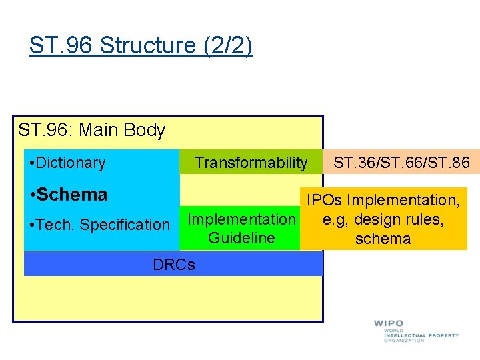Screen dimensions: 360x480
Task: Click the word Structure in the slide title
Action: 147,45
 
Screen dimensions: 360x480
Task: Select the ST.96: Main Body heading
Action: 92,130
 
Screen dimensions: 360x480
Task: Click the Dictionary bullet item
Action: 68,163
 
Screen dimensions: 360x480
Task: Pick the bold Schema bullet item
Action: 69,195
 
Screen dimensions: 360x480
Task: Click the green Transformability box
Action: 251,163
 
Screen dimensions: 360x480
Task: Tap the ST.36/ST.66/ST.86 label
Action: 401,162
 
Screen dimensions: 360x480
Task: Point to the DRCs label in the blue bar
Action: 174,265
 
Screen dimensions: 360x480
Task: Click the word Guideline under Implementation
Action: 241,238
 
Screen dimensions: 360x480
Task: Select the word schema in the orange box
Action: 383,239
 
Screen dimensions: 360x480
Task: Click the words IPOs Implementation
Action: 383,200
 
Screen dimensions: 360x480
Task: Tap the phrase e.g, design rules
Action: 383,219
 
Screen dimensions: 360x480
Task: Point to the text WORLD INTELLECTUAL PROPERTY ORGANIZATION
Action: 420,335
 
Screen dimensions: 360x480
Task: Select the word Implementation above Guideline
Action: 241,219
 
